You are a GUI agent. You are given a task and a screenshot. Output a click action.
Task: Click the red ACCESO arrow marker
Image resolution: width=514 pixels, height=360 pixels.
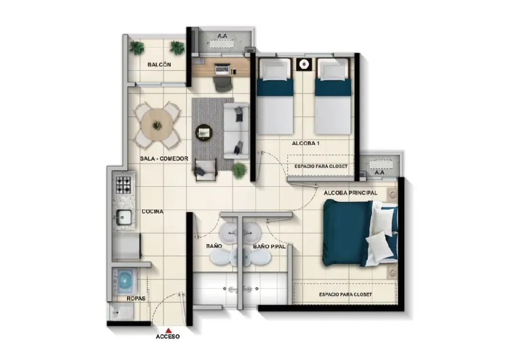(168, 330)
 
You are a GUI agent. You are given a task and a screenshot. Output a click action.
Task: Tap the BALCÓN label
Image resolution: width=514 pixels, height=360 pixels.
(159, 65)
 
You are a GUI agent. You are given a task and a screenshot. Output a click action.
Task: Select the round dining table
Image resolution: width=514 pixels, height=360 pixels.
(157, 125)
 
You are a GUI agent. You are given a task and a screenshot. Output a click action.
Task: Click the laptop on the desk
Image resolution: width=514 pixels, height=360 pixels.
(222, 68)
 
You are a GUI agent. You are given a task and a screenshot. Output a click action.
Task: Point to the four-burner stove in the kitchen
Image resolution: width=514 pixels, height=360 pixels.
(123, 185)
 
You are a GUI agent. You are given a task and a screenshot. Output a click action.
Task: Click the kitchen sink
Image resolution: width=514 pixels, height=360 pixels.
(123, 217)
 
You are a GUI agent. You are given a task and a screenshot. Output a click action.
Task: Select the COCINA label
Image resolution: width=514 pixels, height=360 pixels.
(153, 211)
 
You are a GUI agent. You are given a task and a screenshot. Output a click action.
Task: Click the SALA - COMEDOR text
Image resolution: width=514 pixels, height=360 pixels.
(164, 159)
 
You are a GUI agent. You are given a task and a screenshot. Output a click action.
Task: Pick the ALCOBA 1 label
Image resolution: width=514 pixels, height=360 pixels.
(306, 143)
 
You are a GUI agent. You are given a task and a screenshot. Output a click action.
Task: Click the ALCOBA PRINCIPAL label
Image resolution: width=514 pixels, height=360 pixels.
(350, 193)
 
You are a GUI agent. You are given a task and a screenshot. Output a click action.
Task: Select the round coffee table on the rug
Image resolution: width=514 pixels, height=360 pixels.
(204, 133)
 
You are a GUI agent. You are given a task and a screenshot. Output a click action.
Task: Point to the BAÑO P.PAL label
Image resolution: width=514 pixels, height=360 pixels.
(269, 246)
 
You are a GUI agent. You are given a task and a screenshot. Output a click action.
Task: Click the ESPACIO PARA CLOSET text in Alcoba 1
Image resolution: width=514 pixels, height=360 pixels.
(321, 166)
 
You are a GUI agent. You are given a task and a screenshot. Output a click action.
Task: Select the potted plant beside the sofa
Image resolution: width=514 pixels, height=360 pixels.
(239, 171)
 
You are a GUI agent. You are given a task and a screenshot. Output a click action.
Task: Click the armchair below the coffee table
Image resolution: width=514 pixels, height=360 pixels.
(206, 169)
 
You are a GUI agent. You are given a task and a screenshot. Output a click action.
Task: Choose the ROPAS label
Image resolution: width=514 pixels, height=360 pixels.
(136, 299)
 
